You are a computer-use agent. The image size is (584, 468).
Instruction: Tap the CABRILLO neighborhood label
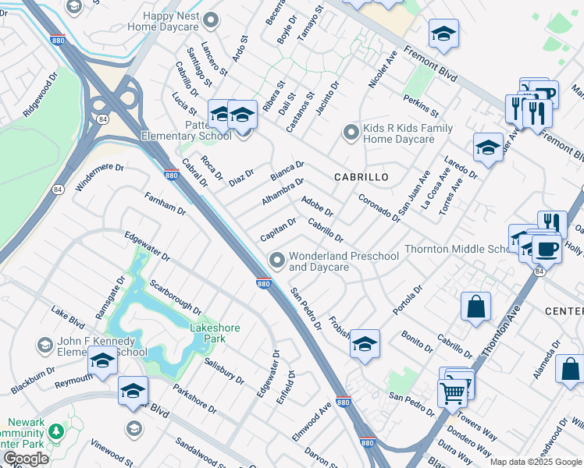[361, 177]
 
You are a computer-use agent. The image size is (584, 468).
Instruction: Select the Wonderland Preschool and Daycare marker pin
[276, 259]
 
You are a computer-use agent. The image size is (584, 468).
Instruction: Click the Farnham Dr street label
[165, 205]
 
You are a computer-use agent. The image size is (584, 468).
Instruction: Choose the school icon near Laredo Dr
[488, 147]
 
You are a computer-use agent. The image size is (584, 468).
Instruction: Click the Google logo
[25, 459]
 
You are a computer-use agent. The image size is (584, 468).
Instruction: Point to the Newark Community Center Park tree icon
[55, 431]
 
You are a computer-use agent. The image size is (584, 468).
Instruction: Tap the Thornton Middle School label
[456, 250]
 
